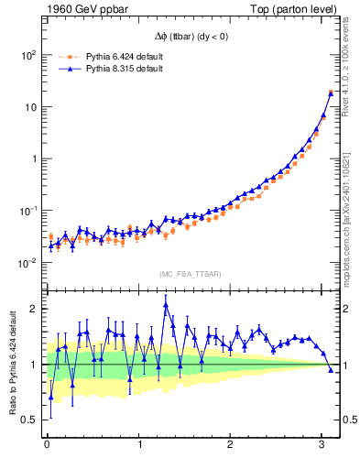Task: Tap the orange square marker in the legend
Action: click(x=68, y=57)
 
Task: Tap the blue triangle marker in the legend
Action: click(x=68, y=69)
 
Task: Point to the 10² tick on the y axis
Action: click(x=28, y=55)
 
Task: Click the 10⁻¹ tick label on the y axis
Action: click(x=28, y=211)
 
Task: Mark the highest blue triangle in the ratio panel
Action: click(x=166, y=306)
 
